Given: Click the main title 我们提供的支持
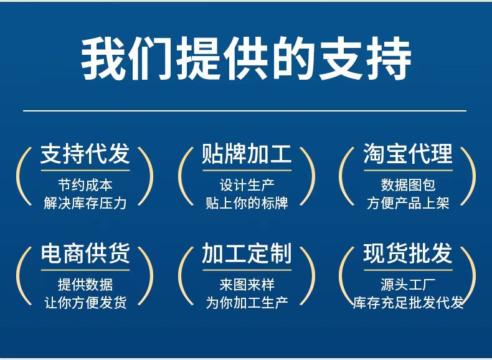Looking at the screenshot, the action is [x=247, y=59].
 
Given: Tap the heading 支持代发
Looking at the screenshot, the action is [x=85, y=154].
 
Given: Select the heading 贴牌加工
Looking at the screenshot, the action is [x=247, y=154].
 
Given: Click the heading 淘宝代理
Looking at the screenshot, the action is [x=408, y=154].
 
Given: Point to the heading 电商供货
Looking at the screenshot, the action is [x=85, y=253].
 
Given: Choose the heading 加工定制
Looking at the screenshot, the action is [x=247, y=253].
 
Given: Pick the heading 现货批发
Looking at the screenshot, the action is [x=408, y=253].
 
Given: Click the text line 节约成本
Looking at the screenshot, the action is [x=85, y=185].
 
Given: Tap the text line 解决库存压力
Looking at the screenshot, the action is [x=85, y=204].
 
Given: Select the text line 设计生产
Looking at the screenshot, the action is [x=247, y=185].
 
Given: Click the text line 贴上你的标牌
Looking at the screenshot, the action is [x=247, y=204].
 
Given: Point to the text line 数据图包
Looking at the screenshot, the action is [x=408, y=185].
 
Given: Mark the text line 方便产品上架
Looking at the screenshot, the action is [x=408, y=204].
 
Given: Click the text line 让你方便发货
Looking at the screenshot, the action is [x=85, y=303].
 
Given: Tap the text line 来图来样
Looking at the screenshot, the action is [x=247, y=285].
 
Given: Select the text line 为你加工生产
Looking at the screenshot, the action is [x=247, y=303].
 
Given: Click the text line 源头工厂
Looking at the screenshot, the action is [x=408, y=285].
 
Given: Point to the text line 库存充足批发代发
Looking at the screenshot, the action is [x=408, y=303].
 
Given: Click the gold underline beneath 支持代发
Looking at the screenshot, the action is [x=85, y=171].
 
